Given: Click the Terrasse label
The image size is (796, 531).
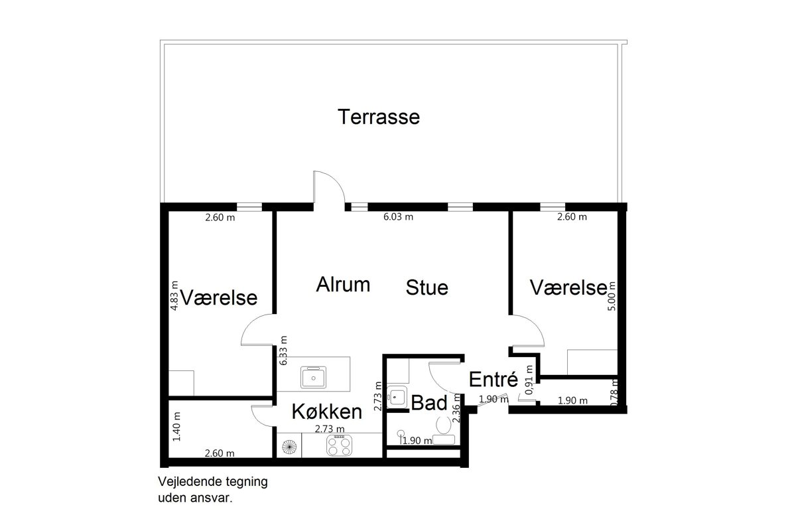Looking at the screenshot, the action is pos(379,117).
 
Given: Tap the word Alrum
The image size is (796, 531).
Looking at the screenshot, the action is pos(343,285).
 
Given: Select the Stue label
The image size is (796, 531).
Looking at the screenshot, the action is pos(427,287).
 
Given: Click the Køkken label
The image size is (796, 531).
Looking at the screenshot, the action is pos(327,412).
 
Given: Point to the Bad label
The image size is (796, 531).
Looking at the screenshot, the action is pos(429,403).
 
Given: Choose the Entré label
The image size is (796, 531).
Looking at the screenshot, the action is pos(494,379).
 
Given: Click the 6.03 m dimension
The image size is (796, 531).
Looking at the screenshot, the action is pos(398,216).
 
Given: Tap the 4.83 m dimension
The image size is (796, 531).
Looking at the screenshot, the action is pos(174,295).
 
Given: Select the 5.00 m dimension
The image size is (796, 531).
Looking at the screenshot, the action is pos(612,296).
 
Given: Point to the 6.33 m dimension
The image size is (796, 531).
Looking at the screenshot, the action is pos(283,350).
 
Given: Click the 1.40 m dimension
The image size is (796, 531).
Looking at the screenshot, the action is pos(176,426).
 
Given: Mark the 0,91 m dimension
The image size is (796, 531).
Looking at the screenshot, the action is pos(529,380).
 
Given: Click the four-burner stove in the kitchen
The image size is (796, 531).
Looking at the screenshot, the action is pos(339,445).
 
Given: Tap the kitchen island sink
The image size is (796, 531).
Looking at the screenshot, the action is pos(313,378).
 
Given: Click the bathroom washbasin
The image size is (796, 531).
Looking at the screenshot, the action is pos(397,396).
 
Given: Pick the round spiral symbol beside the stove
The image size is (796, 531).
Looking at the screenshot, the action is pos(289,447).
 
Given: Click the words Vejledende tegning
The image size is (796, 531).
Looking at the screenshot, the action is pos(212,482).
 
